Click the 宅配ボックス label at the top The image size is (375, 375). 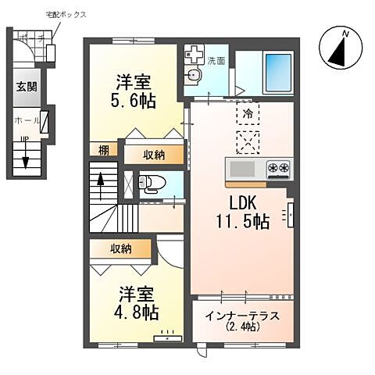tap(66, 15)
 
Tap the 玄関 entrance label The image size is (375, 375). tap(25, 87)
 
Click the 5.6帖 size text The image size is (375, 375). tap(135, 100)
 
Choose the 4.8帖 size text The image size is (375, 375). tap(138, 312)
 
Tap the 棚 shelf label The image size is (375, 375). tap(104, 150)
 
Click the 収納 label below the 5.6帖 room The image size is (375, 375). tap(154, 154)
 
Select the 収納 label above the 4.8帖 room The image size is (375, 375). tap(120, 248)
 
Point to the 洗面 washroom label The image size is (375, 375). tap(216, 60)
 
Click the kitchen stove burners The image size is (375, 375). tap(279, 167)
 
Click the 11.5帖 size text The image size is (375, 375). tap(243, 222)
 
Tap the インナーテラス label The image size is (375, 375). tap(241, 316)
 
